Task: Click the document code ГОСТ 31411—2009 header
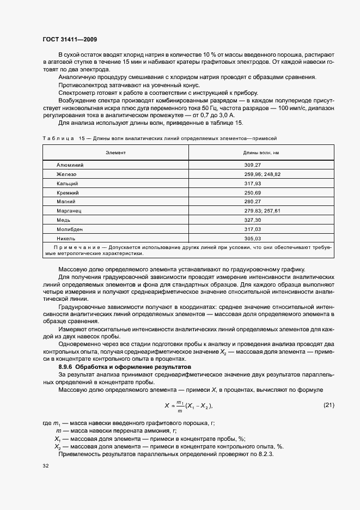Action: pos(70,40)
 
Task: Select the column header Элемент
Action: pos(115,153)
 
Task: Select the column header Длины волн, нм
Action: pos(261,153)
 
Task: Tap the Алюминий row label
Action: pos(70,164)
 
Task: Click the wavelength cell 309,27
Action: pos(253,164)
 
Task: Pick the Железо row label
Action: pos(66,173)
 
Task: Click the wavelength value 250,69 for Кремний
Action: pos(253,192)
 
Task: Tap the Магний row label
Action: pos(66,202)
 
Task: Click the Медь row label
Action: pos(64,220)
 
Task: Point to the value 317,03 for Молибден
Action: pos(253,229)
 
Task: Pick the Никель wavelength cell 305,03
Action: pos(253,239)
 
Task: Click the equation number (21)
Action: pos(328,405)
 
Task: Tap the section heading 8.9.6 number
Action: pos(66,368)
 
